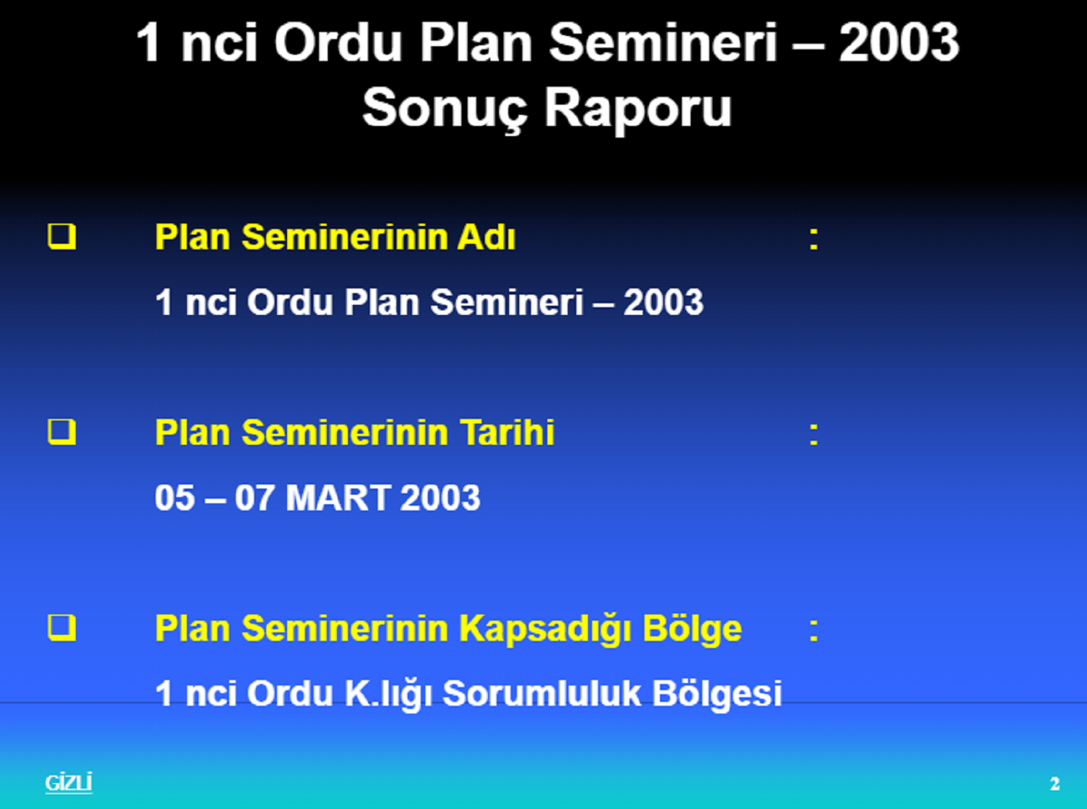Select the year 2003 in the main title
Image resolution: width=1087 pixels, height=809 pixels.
point(899,43)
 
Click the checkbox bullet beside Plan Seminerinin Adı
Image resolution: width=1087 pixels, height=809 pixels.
point(62,237)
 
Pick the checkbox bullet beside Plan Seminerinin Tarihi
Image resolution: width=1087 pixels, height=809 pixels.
point(62,432)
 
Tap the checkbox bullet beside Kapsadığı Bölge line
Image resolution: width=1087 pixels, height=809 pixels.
point(62,628)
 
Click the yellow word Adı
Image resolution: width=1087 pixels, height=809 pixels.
point(486,237)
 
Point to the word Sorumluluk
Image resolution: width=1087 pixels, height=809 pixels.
point(541,694)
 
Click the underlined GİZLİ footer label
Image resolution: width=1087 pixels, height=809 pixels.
point(69,782)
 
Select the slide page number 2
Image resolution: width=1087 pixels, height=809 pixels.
point(1055,784)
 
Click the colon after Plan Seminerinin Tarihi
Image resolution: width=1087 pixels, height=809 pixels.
point(813,433)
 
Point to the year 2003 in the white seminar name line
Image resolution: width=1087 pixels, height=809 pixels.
point(664,302)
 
